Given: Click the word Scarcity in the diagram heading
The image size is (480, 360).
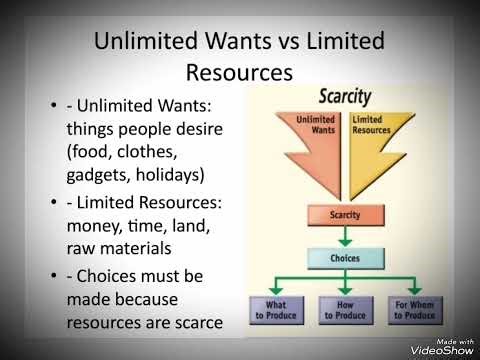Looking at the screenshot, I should point(344,97).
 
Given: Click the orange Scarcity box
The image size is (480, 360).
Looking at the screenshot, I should point(344,215).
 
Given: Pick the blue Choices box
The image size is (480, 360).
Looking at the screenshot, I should point(344,257).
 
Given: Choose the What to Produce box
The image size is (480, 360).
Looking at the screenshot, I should point(277,310).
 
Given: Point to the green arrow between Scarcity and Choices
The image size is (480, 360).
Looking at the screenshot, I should point(344,236).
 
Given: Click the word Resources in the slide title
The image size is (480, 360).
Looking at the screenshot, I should point(239,72).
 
